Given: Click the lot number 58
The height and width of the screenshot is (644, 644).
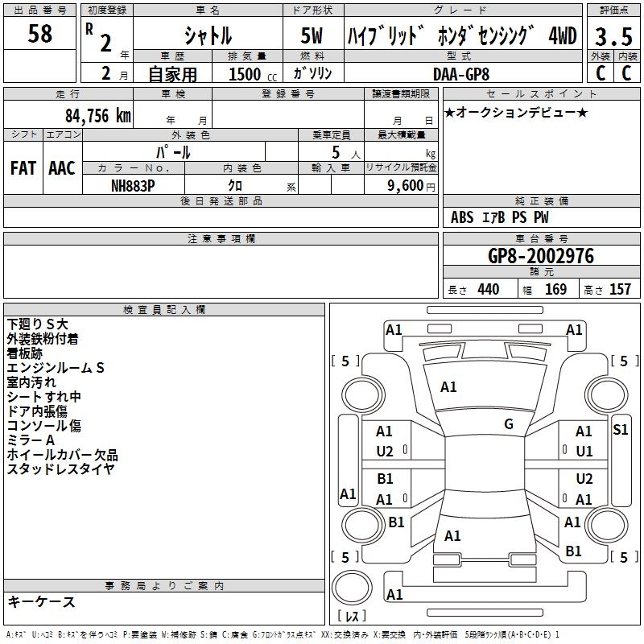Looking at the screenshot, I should (x=39, y=35).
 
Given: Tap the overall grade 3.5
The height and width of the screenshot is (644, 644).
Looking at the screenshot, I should (x=613, y=36).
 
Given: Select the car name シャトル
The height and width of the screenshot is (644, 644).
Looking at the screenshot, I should (x=207, y=36).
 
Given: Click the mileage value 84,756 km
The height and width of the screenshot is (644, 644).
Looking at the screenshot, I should (x=97, y=115).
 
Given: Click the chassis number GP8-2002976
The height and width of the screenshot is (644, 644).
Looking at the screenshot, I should (x=541, y=256).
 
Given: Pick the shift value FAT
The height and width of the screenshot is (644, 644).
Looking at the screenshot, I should (x=23, y=168).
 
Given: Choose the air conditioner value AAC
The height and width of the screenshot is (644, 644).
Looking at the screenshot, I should (x=62, y=168).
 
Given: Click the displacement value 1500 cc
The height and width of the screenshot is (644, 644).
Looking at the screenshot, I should (x=249, y=74).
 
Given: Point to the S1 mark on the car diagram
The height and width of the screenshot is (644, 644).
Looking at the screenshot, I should (x=620, y=430).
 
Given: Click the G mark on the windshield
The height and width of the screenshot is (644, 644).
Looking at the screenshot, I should (x=509, y=424).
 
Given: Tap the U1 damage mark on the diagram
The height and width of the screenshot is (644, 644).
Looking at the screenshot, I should (x=584, y=451).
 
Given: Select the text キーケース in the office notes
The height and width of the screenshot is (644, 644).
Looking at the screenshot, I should (x=41, y=602).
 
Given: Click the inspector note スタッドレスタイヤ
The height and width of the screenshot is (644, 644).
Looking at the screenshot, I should (x=60, y=469).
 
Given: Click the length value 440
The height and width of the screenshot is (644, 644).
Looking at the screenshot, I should (x=488, y=290).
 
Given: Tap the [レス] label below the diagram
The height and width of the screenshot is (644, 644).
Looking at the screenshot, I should (x=351, y=617).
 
